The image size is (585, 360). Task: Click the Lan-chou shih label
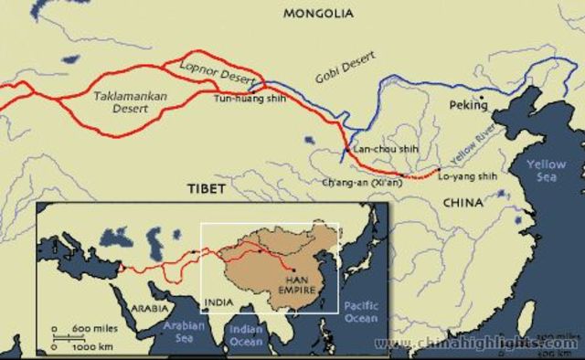(375, 153)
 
